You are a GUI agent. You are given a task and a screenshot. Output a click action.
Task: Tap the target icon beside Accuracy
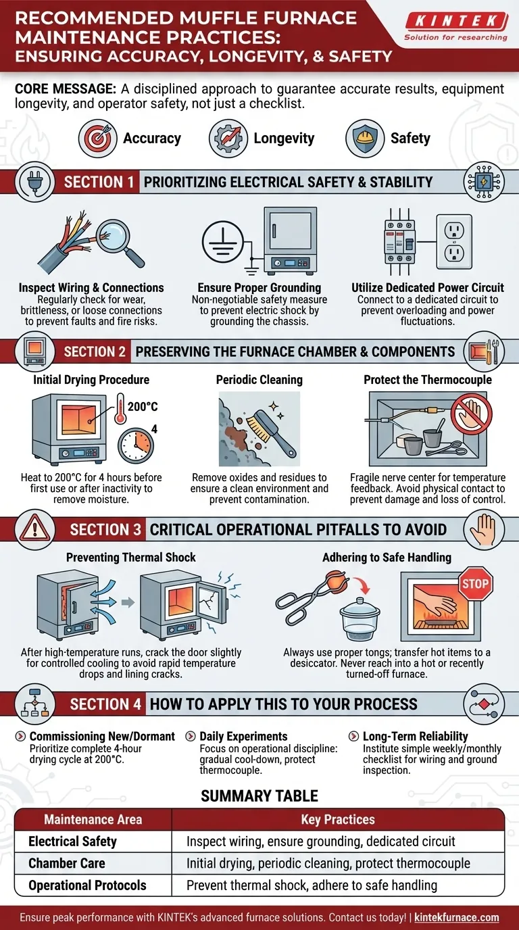[x=98, y=139]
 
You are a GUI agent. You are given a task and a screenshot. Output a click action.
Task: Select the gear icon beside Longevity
[x=228, y=139]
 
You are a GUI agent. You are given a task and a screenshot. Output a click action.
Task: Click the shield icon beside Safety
[x=365, y=139]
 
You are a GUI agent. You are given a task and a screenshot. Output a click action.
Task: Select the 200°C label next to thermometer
[x=141, y=407]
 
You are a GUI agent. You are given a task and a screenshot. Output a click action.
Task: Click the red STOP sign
[x=474, y=583]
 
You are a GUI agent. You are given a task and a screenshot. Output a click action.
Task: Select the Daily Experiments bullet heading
[x=243, y=736]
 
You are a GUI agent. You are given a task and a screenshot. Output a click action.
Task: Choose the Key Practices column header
[x=337, y=819]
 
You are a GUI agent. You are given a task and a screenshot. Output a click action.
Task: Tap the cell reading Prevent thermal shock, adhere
[x=312, y=885]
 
